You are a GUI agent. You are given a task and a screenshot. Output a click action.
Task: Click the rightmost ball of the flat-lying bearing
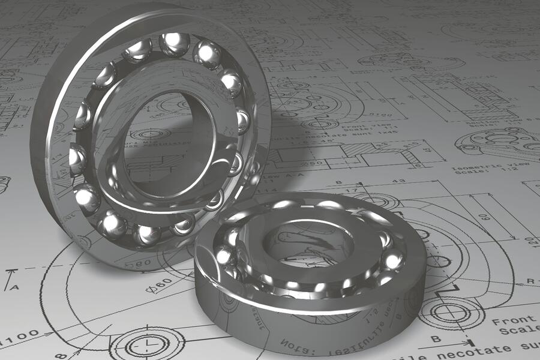393,260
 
